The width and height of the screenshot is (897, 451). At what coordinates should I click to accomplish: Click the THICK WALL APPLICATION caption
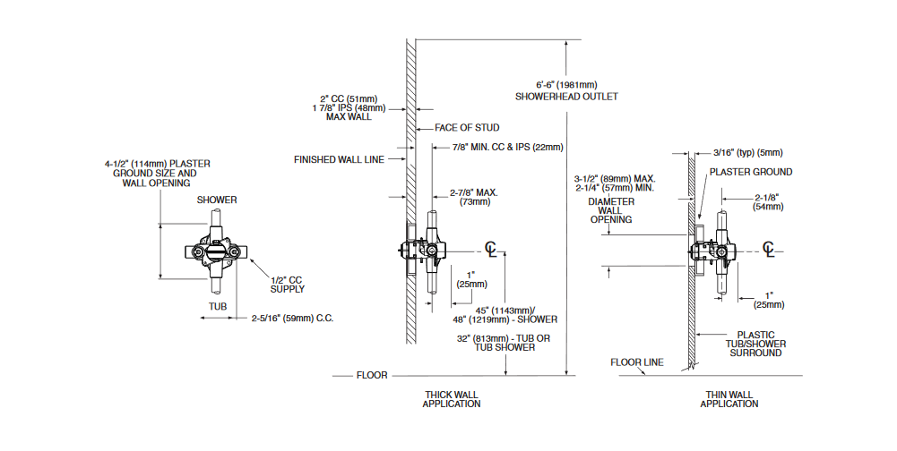coord(452,398)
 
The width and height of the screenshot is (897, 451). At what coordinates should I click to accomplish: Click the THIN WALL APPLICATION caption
coord(729,398)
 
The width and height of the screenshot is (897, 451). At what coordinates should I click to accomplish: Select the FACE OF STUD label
coord(467,128)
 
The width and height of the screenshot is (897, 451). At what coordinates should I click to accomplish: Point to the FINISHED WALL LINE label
coord(339,160)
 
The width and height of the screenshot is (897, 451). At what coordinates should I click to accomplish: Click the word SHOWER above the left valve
coord(217,200)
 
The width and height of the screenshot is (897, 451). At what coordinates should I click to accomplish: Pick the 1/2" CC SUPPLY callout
coord(288,284)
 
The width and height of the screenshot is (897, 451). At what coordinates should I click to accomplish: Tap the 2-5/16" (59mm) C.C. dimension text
coord(292,317)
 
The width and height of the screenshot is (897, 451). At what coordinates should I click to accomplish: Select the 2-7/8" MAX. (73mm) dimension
coord(475,198)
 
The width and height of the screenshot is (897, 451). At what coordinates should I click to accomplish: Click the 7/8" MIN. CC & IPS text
coord(507,147)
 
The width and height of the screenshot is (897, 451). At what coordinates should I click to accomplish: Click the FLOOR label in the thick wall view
coord(372,375)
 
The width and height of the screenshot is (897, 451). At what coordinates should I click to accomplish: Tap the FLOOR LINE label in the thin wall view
coord(637,362)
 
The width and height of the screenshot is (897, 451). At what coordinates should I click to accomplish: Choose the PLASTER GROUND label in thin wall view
coord(751,172)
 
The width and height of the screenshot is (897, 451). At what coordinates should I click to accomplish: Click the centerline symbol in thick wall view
coord(490,248)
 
